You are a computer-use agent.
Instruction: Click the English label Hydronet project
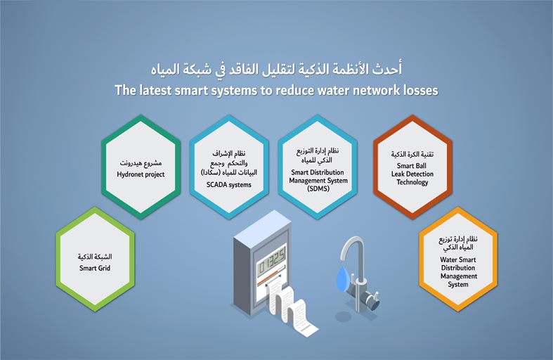click(x=141, y=174)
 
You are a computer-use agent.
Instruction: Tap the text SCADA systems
click(x=229, y=185)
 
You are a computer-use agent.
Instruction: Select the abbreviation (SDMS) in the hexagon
click(x=318, y=189)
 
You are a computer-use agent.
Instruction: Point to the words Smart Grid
click(x=95, y=268)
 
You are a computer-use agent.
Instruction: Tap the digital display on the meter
click(x=272, y=262)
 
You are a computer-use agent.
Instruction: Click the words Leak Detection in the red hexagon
click(x=412, y=174)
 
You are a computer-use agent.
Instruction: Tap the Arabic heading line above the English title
click(x=277, y=69)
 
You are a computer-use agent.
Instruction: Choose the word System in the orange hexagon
click(x=458, y=285)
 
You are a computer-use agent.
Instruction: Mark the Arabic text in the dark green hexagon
click(x=141, y=163)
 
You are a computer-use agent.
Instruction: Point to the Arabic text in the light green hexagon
click(x=95, y=257)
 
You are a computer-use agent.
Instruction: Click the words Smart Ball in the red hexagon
click(x=412, y=166)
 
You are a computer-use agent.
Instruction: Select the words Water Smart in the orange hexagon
click(x=457, y=259)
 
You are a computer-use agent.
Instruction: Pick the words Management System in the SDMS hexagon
click(x=318, y=181)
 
